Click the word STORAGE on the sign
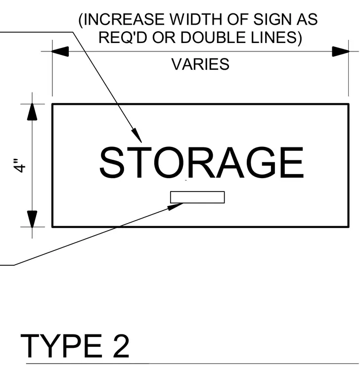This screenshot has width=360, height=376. (202, 162)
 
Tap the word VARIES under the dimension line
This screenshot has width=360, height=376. (200, 64)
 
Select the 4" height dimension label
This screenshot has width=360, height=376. (20, 165)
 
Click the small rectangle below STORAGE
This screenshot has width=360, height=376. (197, 197)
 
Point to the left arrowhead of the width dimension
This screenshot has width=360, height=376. (60, 51)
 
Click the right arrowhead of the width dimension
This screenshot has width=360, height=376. (341, 51)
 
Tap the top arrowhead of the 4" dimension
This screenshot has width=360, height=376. (32, 112)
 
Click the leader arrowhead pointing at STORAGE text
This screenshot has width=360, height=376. (136, 135)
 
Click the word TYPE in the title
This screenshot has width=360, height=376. (61, 345)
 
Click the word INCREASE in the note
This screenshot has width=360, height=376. (124, 19)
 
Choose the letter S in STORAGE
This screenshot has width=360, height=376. (112, 162)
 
